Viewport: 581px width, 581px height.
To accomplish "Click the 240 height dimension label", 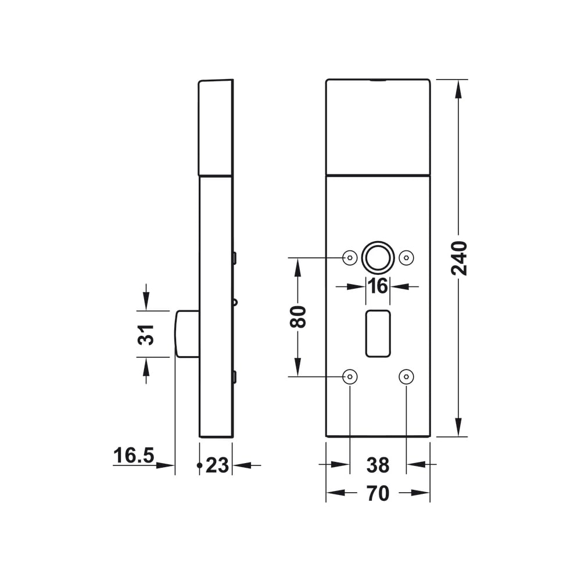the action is point(459,259).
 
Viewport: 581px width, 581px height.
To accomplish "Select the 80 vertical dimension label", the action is point(298,317).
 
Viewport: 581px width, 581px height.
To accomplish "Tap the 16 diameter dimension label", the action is point(378,286).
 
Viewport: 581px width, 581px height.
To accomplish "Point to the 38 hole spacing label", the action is point(378,465).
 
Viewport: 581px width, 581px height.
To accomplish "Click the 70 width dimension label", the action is point(378,493).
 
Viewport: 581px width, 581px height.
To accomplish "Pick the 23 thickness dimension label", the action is point(217,465).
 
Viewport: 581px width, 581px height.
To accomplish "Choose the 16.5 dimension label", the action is point(134,456).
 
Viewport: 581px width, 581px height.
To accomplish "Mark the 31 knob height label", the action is point(146,335).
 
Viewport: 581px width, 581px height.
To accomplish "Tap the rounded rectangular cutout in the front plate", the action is point(378,333).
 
